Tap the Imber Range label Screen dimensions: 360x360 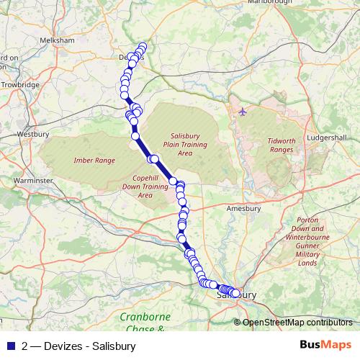94,160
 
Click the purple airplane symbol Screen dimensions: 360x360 242,112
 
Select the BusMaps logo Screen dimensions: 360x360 326,345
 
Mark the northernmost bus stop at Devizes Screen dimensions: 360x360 143,47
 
